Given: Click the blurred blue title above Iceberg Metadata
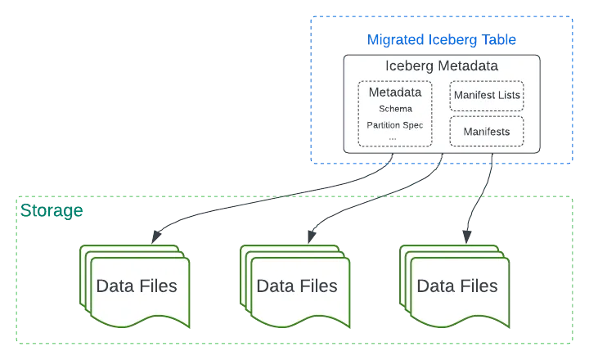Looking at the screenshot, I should [442, 38].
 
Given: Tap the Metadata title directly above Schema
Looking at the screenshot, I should [395, 92].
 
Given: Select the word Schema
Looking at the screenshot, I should [395, 108].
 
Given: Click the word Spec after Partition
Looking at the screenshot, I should [414, 125].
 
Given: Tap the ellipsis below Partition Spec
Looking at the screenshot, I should [393, 137].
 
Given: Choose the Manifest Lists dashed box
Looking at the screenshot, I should [486, 96].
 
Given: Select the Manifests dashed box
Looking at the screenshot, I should [486, 132].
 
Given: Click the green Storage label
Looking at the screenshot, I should [51, 212].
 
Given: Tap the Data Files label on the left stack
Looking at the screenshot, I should [137, 286].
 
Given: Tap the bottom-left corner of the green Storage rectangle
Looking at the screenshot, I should [15, 342].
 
